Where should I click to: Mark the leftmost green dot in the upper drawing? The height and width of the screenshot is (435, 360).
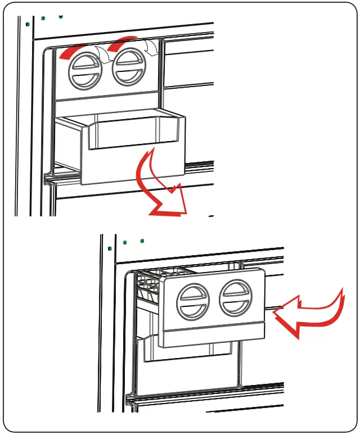[x=27, y=24]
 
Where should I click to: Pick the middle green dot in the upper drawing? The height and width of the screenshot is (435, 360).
[x=43, y=18]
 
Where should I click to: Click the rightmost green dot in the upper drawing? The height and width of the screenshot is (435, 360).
[x=61, y=16]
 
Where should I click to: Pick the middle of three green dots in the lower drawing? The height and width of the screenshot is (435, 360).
[x=125, y=243]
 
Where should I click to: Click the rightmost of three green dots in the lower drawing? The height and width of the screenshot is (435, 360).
[x=142, y=241]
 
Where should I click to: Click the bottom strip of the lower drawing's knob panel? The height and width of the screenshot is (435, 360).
[x=214, y=335]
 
